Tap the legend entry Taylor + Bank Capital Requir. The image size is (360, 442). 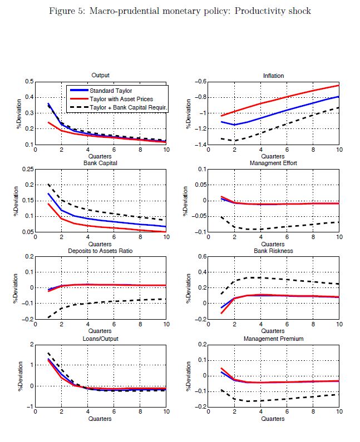point(127,106)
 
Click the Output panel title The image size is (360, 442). point(101,76)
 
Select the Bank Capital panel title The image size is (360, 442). point(101,162)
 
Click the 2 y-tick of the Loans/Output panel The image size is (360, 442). point(31,344)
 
